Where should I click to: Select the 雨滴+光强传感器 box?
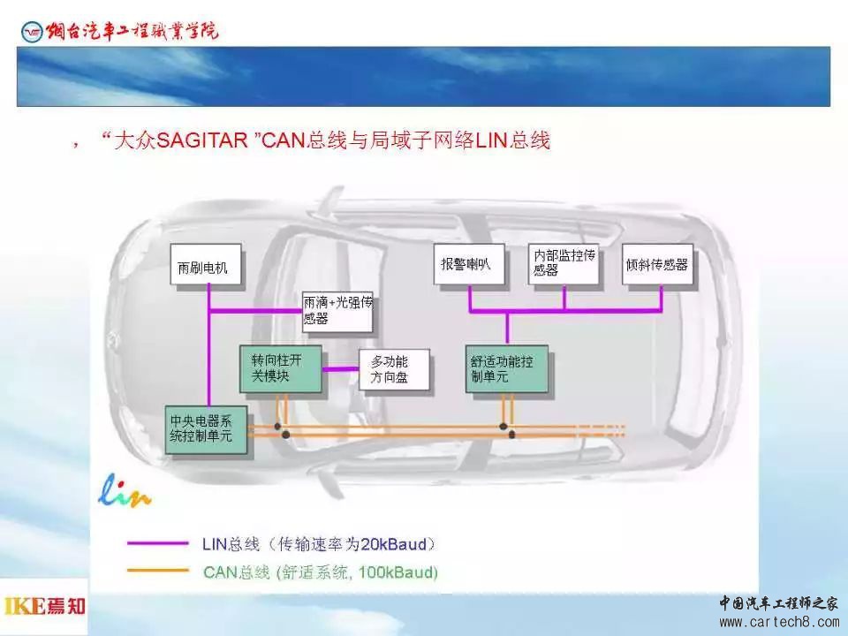337,311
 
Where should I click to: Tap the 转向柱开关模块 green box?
281,369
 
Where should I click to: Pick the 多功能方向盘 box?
394,370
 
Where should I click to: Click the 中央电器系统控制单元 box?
206,429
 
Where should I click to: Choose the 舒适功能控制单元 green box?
507,369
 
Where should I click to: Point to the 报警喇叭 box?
469,264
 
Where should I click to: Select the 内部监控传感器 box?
564,264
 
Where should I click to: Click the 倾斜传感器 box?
657,264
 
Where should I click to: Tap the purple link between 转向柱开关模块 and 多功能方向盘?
341,369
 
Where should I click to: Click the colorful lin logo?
125,491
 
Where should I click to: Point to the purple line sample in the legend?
157,543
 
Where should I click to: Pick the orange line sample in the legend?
157,571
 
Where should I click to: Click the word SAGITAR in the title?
201,140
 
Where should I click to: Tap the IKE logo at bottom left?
44,606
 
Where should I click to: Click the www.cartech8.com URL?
779,622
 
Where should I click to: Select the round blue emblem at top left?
32,32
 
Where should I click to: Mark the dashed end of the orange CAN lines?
601,430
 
